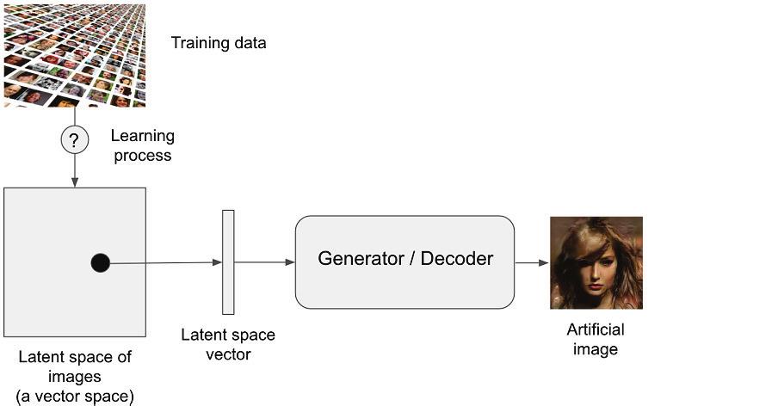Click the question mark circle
(x=74, y=139)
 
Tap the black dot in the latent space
(x=101, y=263)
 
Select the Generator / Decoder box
(x=404, y=262)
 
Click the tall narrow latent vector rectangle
(x=228, y=262)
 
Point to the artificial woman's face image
(x=596, y=262)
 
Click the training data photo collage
(x=74, y=53)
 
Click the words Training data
(x=219, y=43)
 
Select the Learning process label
(x=142, y=145)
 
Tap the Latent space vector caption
(x=228, y=344)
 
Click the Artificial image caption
(x=596, y=340)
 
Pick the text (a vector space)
(x=76, y=397)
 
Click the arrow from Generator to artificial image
(x=532, y=262)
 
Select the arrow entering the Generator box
(x=264, y=262)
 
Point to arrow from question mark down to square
(x=75, y=170)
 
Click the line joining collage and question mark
(x=75, y=115)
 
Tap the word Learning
(x=142, y=136)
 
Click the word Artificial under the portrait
(x=596, y=330)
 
